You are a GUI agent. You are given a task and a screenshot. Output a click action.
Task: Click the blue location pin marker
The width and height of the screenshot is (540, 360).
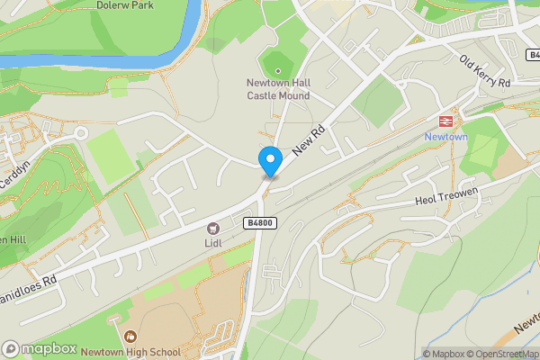[269, 161]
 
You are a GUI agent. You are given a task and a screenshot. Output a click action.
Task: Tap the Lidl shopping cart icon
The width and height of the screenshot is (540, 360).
[213, 229]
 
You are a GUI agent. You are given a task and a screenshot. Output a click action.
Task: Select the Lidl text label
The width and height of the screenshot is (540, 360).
[213, 243]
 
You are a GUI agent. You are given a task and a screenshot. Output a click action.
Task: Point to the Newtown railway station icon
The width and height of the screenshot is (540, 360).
[445, 121]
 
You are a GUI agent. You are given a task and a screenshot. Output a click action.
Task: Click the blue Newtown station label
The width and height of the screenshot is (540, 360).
[445, 137]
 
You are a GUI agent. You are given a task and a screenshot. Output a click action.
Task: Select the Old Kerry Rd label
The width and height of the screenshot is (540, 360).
[485, 71]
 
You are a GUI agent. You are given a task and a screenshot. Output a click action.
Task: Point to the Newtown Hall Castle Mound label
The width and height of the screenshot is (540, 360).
[278, 90]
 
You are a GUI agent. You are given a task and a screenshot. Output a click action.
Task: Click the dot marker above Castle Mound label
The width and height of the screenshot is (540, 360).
[278, 70]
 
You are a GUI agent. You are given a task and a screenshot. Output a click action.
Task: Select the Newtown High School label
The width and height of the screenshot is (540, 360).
[130, 353]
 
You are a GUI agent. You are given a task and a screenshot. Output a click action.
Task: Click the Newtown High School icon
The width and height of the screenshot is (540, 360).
[130, 337]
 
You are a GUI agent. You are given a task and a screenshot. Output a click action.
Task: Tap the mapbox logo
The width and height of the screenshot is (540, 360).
[39, 348]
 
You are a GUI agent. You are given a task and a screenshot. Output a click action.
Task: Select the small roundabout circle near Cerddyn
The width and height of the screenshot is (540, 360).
[82, 132]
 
